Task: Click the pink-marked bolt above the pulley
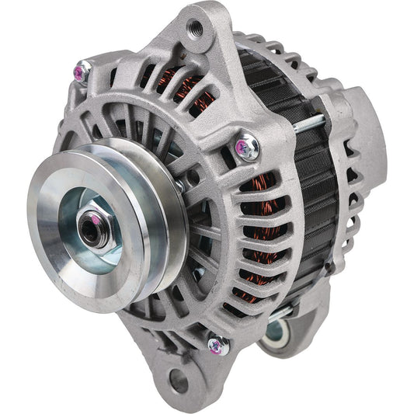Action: coord(80,72)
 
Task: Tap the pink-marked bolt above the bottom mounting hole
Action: coord(216,343)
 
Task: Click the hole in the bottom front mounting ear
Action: coord(178,381)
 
